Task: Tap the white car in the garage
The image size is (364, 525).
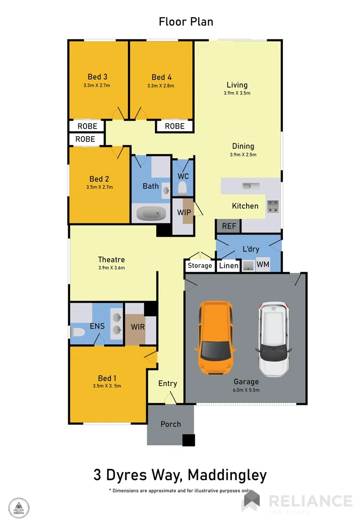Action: pos(273,339)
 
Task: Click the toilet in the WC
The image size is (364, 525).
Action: pos(183,189)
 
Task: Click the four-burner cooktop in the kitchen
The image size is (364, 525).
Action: pos(273,206)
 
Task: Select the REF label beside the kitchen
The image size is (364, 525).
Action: pos(229,226)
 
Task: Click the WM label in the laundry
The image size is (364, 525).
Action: pos(263,264)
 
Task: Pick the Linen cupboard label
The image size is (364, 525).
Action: pos(229,266)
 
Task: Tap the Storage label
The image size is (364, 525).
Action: pos(200,266)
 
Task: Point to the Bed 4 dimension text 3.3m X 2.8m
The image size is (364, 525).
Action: pos(161,86)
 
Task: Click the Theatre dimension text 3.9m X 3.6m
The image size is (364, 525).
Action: pos(111,268)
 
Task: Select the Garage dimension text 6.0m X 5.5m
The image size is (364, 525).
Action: pos(246,390)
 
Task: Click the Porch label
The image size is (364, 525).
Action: pos(170,424)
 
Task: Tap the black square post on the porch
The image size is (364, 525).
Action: pos(188,440)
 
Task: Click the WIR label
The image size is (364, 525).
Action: pos(138,327)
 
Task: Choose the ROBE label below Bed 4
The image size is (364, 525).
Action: pos(174,126)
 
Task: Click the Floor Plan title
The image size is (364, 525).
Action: pos(186,22)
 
